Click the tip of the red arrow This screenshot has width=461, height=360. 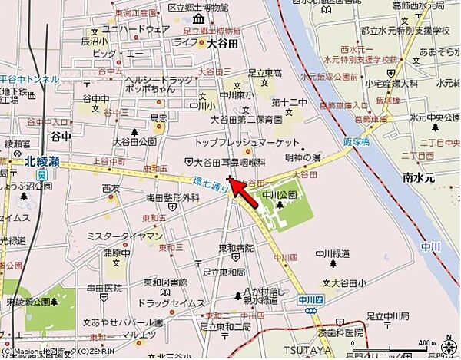coord(231,180)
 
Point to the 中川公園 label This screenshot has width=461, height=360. coord(280,195)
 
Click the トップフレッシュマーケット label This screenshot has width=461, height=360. coord(247,144)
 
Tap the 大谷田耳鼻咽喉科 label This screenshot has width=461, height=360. coord(228,162)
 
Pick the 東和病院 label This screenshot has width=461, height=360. coord(235,248)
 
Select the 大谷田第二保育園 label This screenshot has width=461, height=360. coord(247,120)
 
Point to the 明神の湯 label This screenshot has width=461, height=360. coord(303,156)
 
